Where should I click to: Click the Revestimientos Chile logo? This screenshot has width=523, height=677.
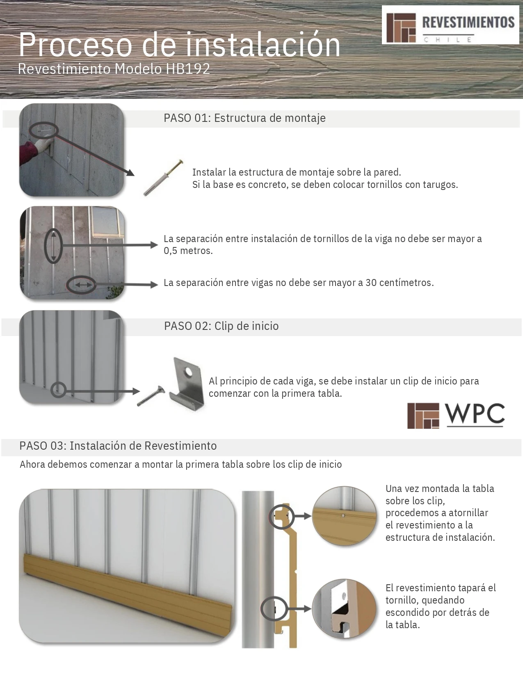pos(450,25)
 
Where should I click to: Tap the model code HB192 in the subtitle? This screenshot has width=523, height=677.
pos(187,69)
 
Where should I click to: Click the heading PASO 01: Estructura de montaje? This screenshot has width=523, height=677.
pos(244,118)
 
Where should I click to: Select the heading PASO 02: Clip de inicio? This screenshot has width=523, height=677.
pos(221,326)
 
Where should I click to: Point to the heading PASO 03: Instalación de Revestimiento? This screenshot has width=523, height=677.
pos(118,446)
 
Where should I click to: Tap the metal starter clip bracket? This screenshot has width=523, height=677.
pos(187,384)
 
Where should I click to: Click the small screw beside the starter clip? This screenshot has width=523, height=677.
pos(149,396)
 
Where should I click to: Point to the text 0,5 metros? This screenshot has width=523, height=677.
pos(188,251)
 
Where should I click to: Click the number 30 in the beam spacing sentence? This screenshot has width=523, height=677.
pos(371,283)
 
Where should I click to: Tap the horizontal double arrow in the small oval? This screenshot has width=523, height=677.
pos(81,285)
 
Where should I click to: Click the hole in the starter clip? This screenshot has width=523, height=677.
pos(188,372)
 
